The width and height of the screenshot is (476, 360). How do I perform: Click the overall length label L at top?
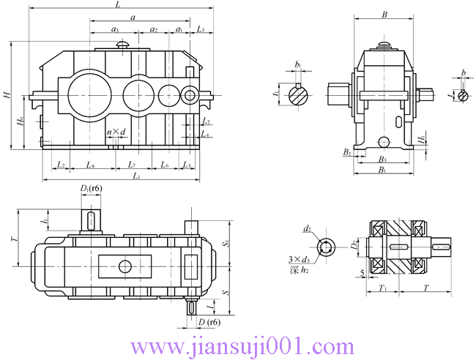coord(119,5)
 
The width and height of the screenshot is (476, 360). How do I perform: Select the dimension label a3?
coord(116,29)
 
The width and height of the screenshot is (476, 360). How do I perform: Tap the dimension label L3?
coord(201,29)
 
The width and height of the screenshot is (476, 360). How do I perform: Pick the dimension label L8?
coord(90,165)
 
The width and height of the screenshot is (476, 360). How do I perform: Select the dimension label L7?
coord(132,165)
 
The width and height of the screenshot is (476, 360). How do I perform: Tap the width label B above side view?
coord(384,14)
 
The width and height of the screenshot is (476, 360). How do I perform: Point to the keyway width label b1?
coord(298,66)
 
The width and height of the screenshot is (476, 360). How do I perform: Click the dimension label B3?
coord(382,160)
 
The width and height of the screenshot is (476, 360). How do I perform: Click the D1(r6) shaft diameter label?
coord(91,190)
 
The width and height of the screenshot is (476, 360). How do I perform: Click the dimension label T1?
coord(383,288)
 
